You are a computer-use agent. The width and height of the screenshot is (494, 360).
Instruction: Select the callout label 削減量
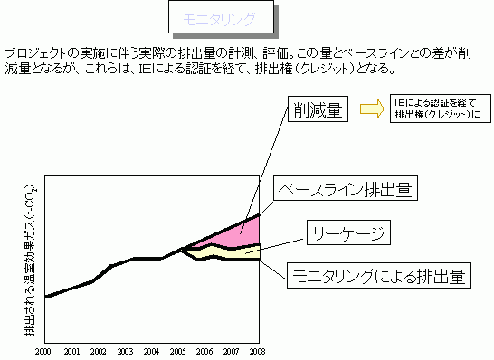tap(317, 111)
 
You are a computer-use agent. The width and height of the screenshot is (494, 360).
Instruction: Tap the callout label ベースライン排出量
tap(345, 190)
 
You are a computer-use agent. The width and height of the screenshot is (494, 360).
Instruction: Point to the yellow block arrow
tap(372, 109)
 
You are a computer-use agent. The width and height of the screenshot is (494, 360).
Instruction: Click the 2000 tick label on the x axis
tap(44, 350)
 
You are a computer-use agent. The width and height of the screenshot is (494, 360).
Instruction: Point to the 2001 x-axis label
tap(71, 350)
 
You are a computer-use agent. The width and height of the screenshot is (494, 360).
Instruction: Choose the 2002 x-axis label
tap(99, 350)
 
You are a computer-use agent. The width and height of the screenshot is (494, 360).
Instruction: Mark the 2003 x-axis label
tap(126, 350)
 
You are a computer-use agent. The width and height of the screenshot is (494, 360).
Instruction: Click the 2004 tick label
tap(153, 350)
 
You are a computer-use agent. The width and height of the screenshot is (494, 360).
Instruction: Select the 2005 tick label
tap(179, 350)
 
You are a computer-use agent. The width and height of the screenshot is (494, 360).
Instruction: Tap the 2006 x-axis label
tap(206, 350)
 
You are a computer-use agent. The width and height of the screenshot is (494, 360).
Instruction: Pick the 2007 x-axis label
tap(233, 350)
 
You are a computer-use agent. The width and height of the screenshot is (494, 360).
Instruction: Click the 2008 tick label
tap(260, 350)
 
